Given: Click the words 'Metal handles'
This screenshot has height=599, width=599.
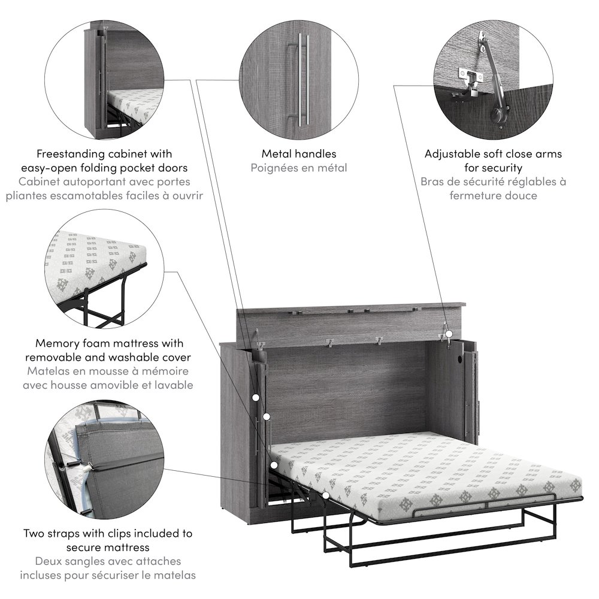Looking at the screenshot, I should point(299,154).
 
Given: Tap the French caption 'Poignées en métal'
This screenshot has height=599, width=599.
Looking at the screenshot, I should point(299,168).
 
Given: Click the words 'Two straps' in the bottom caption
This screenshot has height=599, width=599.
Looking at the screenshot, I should point(50,533).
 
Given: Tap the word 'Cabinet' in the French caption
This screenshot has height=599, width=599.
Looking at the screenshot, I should point(41,181).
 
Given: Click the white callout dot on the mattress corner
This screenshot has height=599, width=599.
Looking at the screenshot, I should point(274,464).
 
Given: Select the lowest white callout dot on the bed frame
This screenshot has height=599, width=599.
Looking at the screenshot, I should point(325,496).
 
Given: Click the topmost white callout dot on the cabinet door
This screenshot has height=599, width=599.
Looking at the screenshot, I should point(256,397).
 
